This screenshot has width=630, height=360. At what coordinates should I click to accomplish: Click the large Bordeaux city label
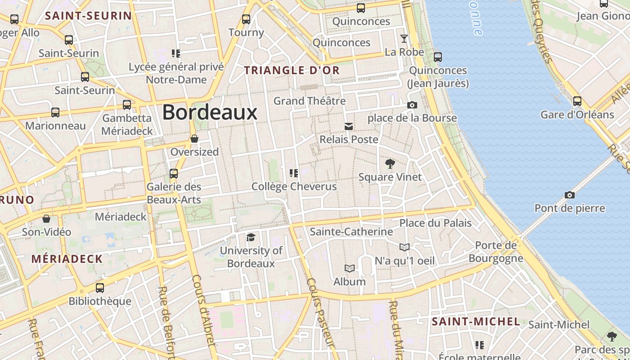[x=210, y=112]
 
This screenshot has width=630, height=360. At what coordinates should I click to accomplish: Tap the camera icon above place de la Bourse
[x=412, y=105]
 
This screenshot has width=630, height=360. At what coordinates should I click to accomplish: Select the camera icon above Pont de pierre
[x=569, y=195]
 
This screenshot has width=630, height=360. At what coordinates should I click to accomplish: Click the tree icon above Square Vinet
[x=390, y=164]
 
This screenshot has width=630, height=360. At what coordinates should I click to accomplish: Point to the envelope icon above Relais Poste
[x=349, y=126]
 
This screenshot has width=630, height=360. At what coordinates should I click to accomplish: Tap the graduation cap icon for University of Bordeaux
[x=251, y=237]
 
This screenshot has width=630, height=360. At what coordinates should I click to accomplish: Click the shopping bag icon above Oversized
[x=194, y=139]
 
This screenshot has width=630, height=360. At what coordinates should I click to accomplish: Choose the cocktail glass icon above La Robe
[x=404, y=39]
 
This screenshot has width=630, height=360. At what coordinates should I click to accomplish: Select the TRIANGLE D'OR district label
[x=292, y=70]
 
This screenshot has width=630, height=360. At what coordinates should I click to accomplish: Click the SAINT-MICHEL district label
[x=476, y=322]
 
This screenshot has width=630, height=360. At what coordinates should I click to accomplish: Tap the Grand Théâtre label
[x=310, y=101]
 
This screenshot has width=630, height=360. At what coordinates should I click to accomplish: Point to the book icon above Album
[x=349, y=269]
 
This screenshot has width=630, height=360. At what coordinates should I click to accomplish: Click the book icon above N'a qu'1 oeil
[x=405, y=247]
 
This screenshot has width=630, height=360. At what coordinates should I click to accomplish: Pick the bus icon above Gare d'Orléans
[x=577, y=101]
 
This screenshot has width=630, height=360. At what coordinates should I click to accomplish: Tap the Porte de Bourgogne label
[x=496, y=252]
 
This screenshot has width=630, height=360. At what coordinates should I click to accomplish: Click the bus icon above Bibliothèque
[x=100, y=288]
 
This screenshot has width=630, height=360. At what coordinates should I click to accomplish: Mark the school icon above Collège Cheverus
[x=294, y=173]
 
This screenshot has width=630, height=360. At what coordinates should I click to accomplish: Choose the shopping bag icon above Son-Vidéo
[x=46, y=219]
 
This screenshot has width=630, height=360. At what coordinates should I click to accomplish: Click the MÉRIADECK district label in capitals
[x=67, y=259]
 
